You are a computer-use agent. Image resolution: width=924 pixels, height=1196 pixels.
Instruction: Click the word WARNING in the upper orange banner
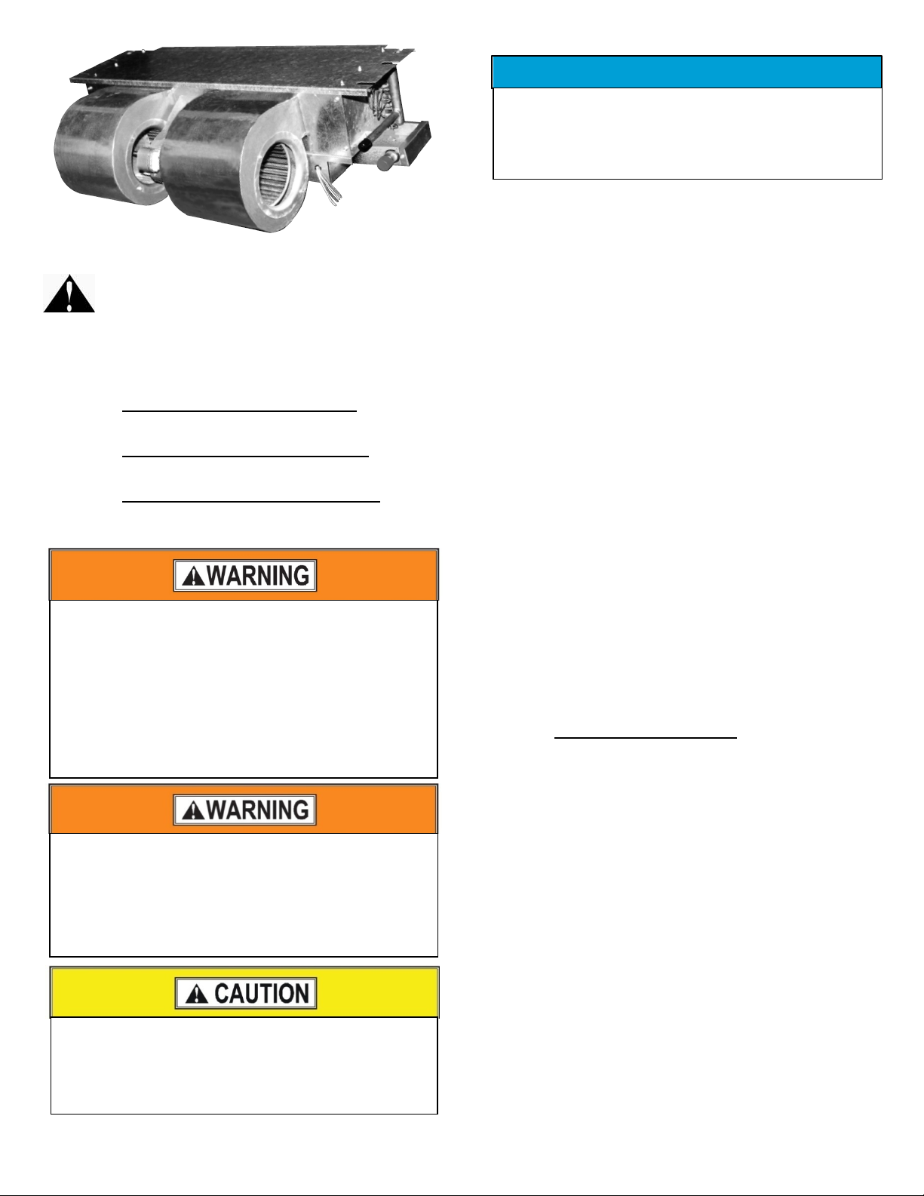click(258, 576)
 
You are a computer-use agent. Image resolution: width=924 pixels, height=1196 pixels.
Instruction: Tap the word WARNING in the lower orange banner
click(258, 810)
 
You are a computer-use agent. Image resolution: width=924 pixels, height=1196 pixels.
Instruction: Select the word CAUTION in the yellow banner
click(262, 994)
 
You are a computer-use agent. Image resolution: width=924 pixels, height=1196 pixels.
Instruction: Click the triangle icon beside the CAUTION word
click(196, 995)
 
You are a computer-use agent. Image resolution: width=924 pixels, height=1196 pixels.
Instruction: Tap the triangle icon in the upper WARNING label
click(193, 576)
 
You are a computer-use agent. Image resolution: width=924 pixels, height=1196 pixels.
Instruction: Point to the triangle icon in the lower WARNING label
click(193, 811)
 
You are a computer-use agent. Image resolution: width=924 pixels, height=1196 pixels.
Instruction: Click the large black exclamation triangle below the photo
click(69, 294)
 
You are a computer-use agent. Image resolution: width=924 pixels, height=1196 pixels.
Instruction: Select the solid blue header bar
click(687, 72)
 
